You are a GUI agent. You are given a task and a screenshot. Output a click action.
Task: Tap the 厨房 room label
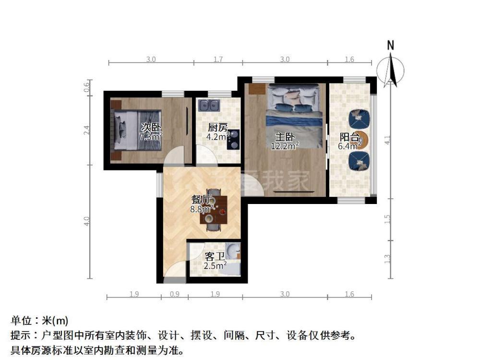click(x=217, y=127)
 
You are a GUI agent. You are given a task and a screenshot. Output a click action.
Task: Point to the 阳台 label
click(x=349, y=137)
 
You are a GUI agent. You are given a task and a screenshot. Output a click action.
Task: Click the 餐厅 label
click(x=201, y=200)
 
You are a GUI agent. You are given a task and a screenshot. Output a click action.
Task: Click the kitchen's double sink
click(x=208, y=105)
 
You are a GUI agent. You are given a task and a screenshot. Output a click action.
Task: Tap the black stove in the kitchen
click(x=233, y=140)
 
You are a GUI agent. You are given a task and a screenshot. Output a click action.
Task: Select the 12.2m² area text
click(x=285, y=146)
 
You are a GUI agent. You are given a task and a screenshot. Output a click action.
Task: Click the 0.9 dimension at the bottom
click(x=175, y=294)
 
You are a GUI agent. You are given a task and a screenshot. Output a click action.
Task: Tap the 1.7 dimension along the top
click(x=218, y=59)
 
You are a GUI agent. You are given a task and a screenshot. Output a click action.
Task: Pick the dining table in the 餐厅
click(x=214, y=210)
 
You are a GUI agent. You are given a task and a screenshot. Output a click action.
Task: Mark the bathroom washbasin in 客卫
click(x=233, y=251)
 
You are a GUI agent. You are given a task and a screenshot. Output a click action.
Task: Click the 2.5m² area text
click(x=215, y=265)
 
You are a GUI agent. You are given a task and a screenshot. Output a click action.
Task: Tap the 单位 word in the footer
click(x=21, y=321)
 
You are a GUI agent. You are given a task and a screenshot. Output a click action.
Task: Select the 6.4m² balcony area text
click(x=349, y=146)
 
